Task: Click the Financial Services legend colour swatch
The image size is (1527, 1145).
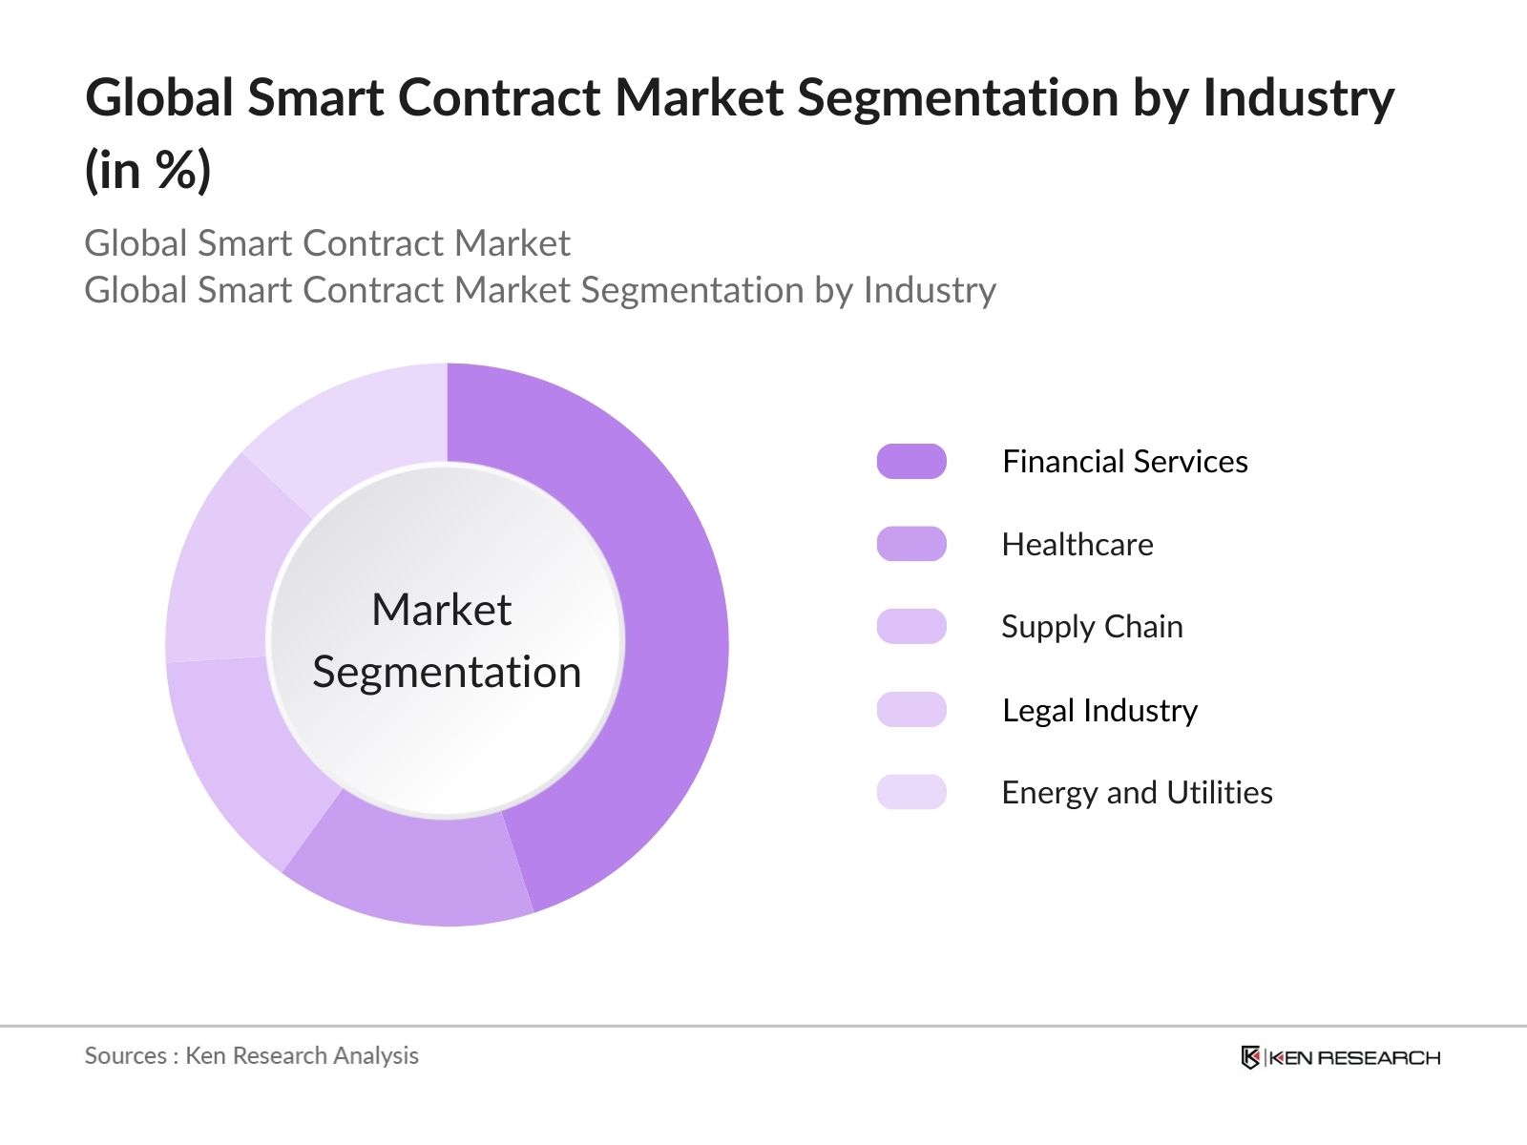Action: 911,462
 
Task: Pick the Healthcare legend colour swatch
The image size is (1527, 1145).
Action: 911,544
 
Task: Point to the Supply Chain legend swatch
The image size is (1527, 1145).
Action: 911,627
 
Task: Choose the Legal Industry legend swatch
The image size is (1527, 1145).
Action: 911,710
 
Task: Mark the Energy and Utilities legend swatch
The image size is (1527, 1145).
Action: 911,792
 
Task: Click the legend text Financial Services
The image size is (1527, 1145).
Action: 1124,462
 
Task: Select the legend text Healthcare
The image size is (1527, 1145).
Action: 1077,545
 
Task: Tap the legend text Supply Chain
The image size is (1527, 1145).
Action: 1092,627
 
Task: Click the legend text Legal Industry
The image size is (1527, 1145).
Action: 1099,711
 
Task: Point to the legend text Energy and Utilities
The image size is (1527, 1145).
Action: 1137,793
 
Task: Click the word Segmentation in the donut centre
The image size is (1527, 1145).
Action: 447,673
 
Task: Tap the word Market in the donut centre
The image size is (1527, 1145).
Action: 442,610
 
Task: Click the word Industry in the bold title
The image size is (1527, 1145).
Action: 1298,98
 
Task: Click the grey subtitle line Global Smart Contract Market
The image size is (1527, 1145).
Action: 327,243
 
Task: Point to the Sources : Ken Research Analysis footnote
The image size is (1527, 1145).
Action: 252,1055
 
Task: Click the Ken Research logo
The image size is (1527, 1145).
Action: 1340,1057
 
